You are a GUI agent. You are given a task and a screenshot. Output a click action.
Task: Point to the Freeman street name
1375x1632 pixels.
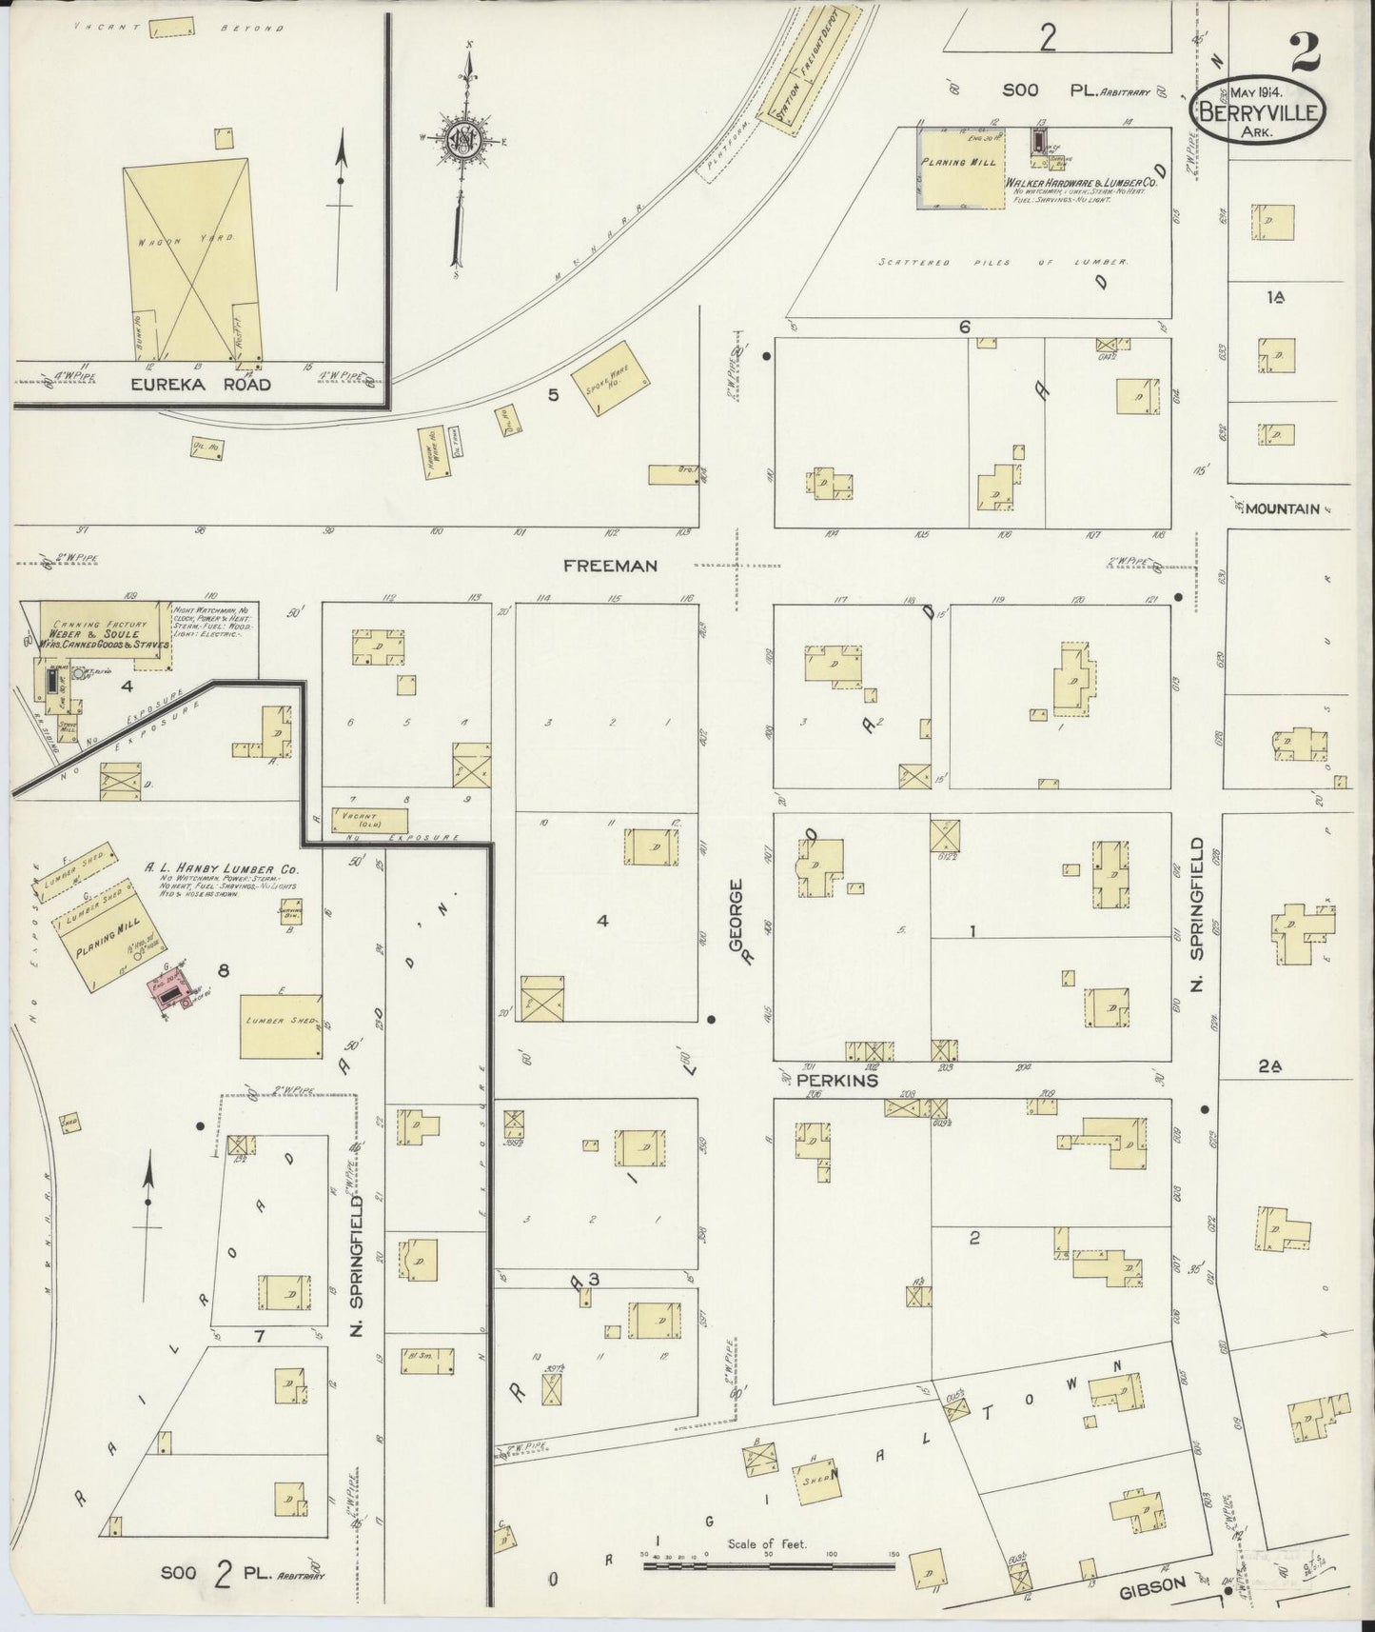pyautogui.click(x=610, y=566)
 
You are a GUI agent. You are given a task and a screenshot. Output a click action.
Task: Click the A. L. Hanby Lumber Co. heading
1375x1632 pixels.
pyautogui.click(x=222, y=867)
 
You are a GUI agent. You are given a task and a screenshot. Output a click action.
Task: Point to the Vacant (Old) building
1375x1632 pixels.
pyautogui.click(x=368, y=820)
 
